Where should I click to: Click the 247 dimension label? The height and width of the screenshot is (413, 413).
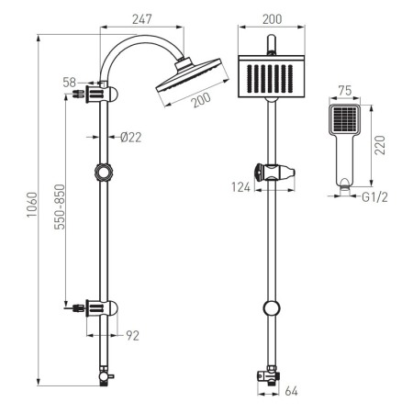pyautogui.click(x=142, y=19)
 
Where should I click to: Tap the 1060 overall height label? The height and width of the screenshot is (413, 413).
pyautogui.click(x=32, y=205)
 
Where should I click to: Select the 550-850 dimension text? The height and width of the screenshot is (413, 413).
pyautogui.click(x=60, y=206)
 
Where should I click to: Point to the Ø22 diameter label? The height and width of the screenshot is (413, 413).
pyautogui.click(x=131, y=138)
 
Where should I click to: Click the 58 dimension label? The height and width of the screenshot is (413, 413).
pyautogui.click(x=70, y=83)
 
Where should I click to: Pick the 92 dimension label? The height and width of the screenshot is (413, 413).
pyautogui.click(x=132, y=336)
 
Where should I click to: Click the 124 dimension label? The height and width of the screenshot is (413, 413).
pyautogui.click(x=240, y=187)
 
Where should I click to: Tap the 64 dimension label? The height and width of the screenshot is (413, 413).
pyautogui.click(x=291, y=391)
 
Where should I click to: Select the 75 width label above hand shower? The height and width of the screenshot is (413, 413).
pyautogui.click(x=345, y=91)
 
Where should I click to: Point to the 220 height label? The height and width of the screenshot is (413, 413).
pyautogui.click(x=380, y=145)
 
